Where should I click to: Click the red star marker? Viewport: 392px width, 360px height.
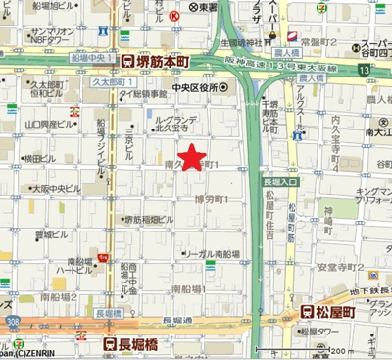[x=193, y=156]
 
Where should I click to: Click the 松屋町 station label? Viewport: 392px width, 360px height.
[x=339, y=312]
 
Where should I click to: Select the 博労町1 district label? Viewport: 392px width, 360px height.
[x=211, y=199]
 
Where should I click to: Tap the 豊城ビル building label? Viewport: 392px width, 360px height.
[x=48, y=235]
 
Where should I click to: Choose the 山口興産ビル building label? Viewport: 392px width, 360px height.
[x=44, y=125]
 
